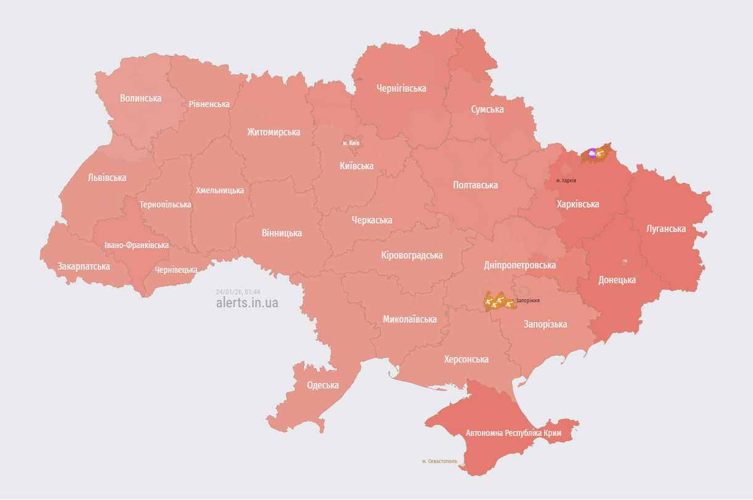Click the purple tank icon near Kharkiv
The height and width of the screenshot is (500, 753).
pos(592,153)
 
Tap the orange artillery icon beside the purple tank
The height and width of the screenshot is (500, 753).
pos(600,153)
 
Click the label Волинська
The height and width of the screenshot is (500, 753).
pos(140,98)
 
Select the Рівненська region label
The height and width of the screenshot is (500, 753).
pos(209,104)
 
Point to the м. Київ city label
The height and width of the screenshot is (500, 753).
pos(351,143)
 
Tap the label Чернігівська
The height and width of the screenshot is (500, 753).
pos(401,88)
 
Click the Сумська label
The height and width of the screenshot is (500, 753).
pos(487,109)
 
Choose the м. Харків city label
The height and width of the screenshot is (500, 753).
pos(566,180)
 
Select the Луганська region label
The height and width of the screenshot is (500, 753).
pos(665,228)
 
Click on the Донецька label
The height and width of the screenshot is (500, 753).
pos(617,280)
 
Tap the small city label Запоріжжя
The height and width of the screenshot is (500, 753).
pos(527,300)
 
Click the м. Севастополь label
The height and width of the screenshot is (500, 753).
pos(439,461)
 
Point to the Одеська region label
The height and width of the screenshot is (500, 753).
pos(323,385)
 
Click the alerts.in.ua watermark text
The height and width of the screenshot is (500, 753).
pos(246,302)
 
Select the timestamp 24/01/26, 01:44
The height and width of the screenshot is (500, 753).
pos(238,292)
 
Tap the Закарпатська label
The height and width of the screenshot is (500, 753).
pos(83,266)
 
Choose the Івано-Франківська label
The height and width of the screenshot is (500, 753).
pos(136,245)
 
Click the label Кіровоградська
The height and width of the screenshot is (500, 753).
pos(412,255)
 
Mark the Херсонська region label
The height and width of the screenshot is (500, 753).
pos(466,359)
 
